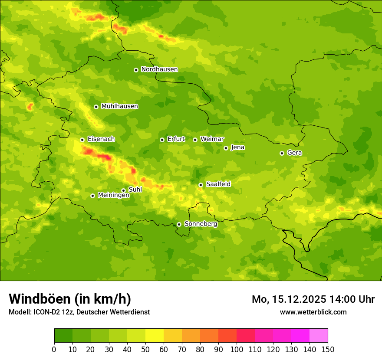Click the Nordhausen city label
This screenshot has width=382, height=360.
159,69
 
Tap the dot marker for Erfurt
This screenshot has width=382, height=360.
162,140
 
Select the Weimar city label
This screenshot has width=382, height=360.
212,139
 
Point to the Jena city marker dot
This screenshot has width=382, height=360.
226,148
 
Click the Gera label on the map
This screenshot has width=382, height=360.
294,153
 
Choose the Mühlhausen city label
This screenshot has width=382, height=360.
119,106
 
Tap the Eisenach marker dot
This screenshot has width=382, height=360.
82,140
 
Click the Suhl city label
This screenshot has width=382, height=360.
135,190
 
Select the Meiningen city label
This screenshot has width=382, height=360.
113,195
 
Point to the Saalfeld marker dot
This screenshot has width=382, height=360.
201,185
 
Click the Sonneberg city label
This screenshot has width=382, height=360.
201,224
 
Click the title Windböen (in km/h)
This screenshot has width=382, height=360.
69,299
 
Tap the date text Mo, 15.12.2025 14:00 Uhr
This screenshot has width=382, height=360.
313,299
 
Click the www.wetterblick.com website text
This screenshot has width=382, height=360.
313,312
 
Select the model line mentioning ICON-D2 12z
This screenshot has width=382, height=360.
79,312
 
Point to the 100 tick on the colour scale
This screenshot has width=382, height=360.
237,349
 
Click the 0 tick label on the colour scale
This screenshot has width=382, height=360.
54,349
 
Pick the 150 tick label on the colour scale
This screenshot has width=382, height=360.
328,349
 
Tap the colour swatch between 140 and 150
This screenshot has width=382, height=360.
319,336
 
